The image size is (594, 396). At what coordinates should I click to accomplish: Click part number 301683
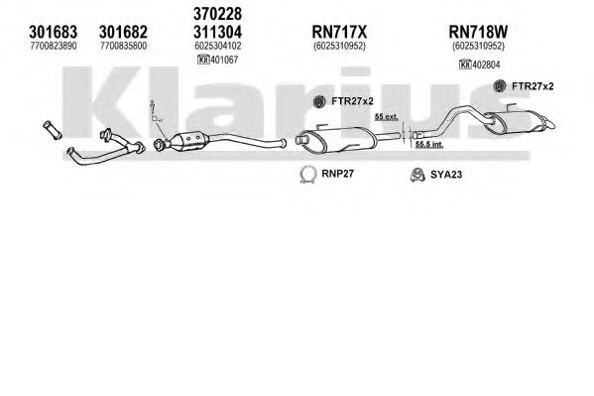tap(53, 32)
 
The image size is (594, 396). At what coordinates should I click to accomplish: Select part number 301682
tap(123, 32)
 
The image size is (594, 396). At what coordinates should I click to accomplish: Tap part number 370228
tap(217, 14)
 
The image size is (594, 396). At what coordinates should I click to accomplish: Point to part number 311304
tap(217, 32)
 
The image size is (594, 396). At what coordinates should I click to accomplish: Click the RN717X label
tap(339, 32)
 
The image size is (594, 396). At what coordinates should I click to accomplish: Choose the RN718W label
tap(478, 32)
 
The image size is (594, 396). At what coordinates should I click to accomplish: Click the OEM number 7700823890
tap(53, 46)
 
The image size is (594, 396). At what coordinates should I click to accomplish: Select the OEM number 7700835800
tap(124, 46)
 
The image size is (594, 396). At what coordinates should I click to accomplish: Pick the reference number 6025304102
tap(218, 46)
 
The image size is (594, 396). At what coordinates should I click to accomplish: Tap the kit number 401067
tap(224, 60)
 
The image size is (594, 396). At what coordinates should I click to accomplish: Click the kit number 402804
tap(486, 65)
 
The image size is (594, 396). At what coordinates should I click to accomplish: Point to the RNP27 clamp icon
tap(308, 175)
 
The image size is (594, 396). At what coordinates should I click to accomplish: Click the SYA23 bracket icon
tap(417, 175)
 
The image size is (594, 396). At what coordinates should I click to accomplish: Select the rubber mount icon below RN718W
tap(501, 86)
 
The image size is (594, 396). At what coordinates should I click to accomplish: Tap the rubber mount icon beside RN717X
tap(319, 101)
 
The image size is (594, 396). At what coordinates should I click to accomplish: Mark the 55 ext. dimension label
tap(387, 117)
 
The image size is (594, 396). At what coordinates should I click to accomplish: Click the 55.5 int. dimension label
tap(428, 144)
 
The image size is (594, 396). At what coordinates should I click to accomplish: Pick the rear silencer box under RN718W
tap(517, 121)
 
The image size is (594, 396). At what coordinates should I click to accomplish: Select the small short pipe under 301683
tap(53, 130)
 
